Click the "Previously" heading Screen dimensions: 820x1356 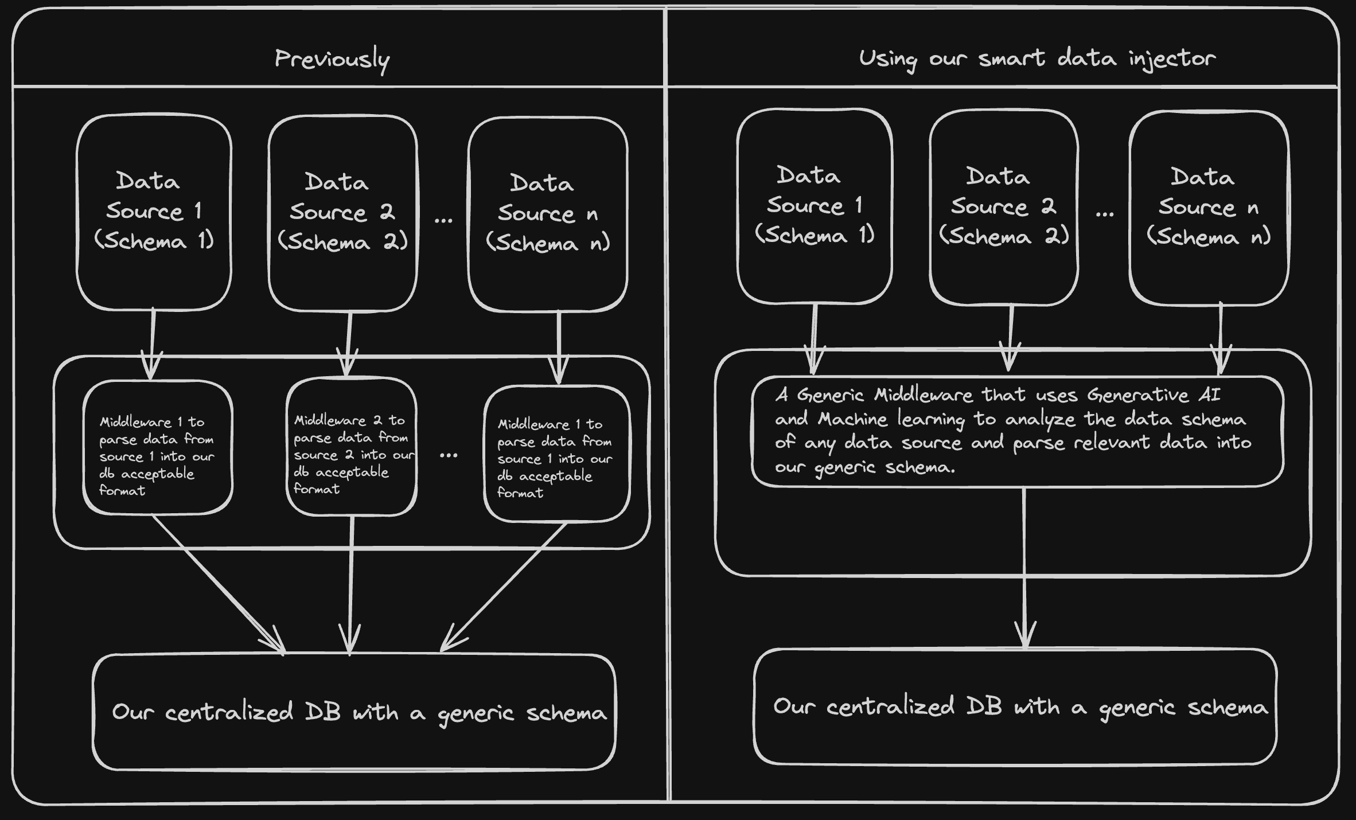coord(332,59)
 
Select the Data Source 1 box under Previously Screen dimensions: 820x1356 coord(154,212)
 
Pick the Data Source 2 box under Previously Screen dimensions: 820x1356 coord(343,213)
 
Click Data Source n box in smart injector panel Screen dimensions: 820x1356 coord(1209,208)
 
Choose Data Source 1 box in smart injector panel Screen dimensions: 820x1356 coord(815,206)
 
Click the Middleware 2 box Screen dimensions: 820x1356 coord(352,446)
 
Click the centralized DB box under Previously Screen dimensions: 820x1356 coord(354,712)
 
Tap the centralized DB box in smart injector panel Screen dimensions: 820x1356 coord(1015,706)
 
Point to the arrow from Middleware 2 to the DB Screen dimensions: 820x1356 coord(351,585)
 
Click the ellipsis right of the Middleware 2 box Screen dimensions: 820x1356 coord(449,455)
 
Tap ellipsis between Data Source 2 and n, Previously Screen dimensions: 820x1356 coord(443,220)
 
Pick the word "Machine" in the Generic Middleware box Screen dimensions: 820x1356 coord(852,419)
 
